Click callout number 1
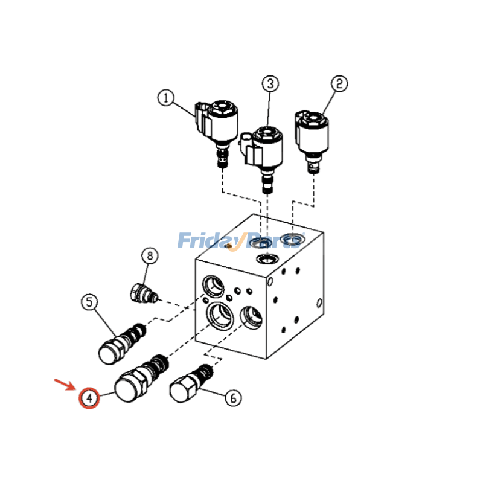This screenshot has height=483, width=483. pos(166,98)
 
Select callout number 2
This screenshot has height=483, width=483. pos(339,84)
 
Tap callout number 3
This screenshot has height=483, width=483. pos(270,83)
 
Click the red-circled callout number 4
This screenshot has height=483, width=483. pos(89,398)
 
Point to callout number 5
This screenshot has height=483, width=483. pos(89,302)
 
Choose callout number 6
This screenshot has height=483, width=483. pos(233,398)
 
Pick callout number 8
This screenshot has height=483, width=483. pos(150,255)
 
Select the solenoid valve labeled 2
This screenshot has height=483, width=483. pos(312,141)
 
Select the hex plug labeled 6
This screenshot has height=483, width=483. pos(191,383)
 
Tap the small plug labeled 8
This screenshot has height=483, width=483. pos(144,293)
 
